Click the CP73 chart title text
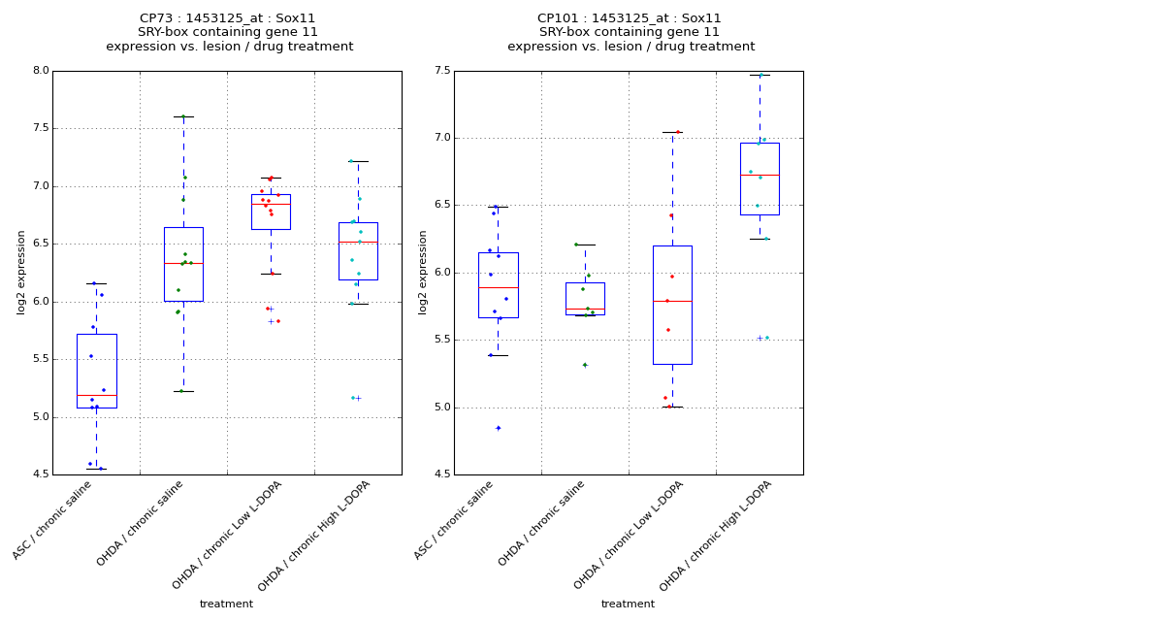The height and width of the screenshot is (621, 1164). coord(229,32)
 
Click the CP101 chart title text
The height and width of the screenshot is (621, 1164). coord(630,32)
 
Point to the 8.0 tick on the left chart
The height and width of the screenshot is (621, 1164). coord(40,71)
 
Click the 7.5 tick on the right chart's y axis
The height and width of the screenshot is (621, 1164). coord(441,71)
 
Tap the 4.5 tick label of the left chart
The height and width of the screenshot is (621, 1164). coord(40,474)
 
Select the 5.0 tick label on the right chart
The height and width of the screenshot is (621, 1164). coord(441,408)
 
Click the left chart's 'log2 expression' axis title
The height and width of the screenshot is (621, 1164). coord(21,272)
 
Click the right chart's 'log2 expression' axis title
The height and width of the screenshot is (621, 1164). coord(423,272)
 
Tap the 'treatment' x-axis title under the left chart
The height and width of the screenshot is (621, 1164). coord(226,605)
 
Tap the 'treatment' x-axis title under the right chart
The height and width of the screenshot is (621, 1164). coord(628,605)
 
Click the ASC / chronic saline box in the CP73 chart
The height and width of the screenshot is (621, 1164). coord(96,371)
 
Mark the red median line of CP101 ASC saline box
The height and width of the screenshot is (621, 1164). coord(498,287)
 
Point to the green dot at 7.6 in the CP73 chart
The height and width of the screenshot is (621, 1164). coord(183,116)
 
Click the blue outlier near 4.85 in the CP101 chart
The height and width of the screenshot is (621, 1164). coord(499,428)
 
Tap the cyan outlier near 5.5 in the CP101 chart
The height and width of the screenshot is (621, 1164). coord(766,338)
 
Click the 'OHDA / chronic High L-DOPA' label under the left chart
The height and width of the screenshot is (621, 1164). coord(315,536)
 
